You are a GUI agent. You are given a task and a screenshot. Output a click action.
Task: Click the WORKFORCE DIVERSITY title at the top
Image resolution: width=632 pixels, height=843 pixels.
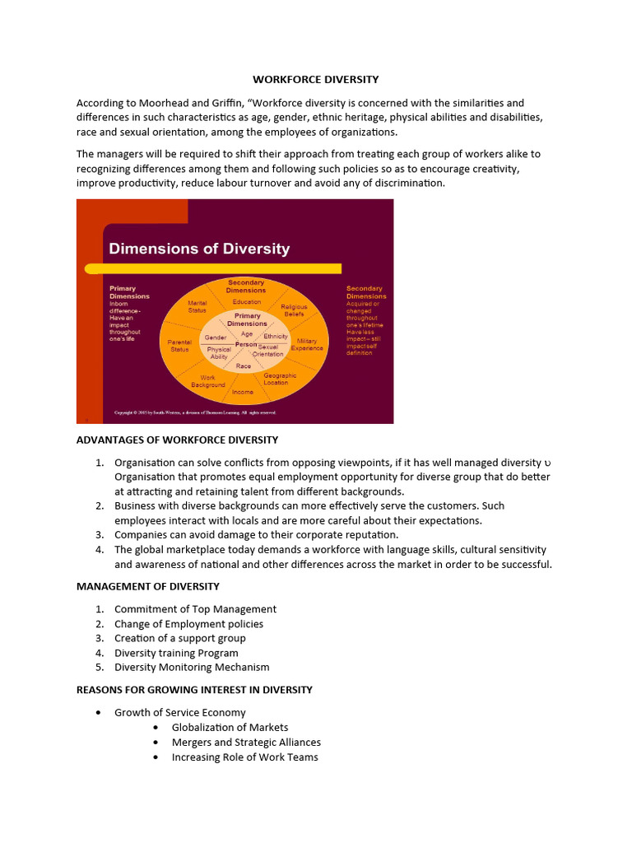(315, 80)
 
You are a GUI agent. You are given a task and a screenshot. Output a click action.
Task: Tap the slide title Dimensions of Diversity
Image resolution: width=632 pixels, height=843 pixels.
(200, 248)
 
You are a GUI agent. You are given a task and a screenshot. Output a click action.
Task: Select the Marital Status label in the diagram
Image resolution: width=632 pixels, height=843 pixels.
(197, 306)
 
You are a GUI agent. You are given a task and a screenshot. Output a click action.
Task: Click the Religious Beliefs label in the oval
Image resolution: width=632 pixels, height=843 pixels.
(294, 310)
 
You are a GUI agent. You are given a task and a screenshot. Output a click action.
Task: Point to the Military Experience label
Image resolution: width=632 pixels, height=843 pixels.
(307, 344)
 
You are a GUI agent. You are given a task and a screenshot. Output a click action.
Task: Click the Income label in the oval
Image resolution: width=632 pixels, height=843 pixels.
(243, 392)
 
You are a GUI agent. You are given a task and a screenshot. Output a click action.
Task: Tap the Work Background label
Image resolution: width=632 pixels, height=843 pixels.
(207, 381)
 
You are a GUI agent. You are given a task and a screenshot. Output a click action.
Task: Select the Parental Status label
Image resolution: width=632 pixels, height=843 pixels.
(179, 345)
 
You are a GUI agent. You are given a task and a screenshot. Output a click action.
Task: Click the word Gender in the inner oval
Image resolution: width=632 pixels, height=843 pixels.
(216, 338)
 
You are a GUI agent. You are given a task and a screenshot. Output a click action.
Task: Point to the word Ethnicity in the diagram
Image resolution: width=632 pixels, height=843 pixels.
(276, 337)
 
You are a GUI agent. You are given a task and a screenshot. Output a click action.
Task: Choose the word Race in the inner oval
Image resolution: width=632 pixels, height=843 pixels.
(244, 366)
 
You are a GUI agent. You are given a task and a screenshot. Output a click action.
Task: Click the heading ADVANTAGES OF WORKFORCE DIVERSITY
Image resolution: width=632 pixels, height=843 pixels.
(177, 440)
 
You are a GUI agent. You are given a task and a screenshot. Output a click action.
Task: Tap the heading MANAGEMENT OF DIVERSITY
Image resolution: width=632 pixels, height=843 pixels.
(148, 586)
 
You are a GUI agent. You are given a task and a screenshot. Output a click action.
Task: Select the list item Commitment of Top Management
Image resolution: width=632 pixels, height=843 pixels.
(195, 609)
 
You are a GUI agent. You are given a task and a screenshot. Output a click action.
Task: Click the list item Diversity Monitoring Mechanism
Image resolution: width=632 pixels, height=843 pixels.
(192, 667)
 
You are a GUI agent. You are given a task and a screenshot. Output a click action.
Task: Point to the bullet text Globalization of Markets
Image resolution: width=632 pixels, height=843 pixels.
(230, 727)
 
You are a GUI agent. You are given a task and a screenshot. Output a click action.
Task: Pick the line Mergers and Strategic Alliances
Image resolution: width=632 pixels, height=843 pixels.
(246, 742)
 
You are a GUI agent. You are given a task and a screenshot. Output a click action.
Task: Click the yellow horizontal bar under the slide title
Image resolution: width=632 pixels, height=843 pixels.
(214, 268)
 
